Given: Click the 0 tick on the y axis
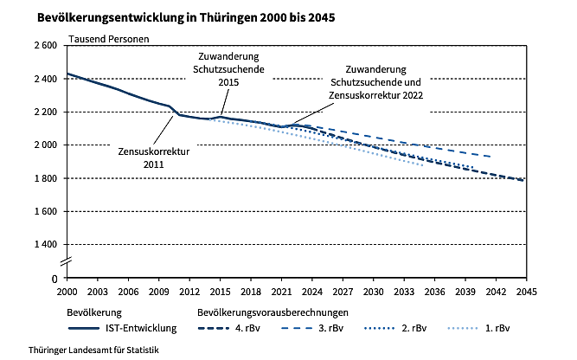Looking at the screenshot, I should tap(54, 278).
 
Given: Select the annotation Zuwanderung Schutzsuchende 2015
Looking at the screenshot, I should tap(228, 68).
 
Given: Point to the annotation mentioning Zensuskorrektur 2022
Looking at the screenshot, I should tap(375, 82).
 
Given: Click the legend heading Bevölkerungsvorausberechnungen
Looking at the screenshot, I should tap(272, 311).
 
